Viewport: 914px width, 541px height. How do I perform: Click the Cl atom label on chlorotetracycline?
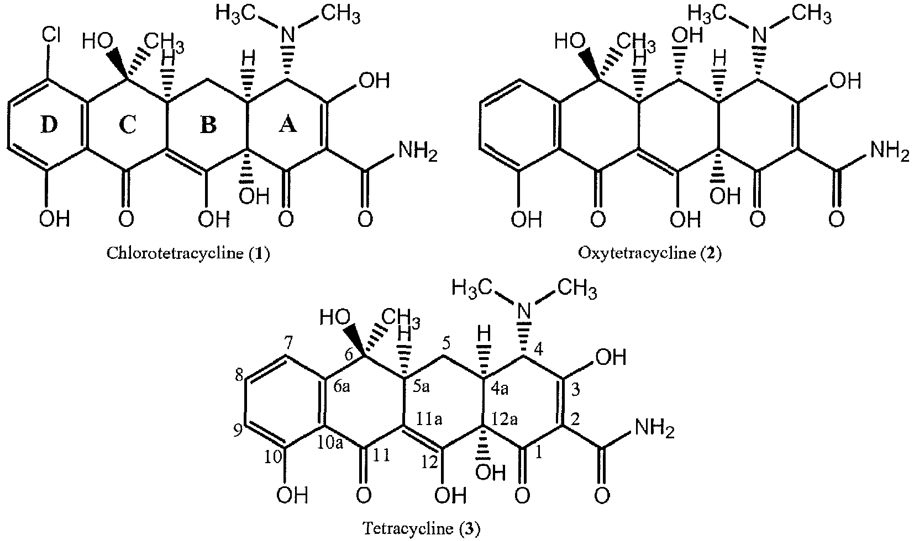(51, 36)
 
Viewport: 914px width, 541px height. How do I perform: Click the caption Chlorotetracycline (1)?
(188, 253)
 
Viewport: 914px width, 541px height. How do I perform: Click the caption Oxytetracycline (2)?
(650, 253)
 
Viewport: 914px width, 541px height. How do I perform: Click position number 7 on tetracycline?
(288, 344)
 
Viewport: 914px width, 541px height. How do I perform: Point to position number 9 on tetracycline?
(238, 431)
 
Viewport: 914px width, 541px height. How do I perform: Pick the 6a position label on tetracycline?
(342, 386)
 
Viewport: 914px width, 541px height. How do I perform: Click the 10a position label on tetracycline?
(331, 443)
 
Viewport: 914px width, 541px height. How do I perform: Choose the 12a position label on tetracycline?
(505, 418)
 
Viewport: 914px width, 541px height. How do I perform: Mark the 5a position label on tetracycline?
(422, 386)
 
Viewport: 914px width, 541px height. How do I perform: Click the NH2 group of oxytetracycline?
(890, 152)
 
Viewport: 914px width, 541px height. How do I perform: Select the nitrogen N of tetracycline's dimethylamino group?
(525, 312)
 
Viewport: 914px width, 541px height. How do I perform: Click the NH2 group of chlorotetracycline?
(418, 152)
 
